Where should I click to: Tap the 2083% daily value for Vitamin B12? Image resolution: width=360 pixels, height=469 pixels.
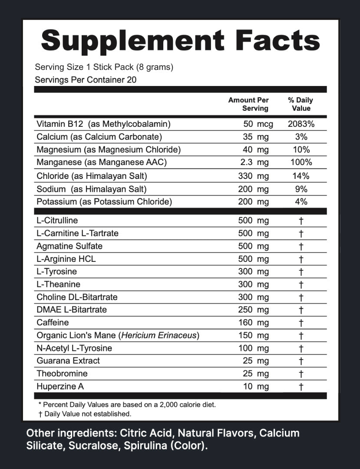(x=301, y=124)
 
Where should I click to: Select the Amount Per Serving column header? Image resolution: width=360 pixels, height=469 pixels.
(x=248, y=104)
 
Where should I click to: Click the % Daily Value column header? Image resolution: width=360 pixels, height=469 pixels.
(x=301, y=104)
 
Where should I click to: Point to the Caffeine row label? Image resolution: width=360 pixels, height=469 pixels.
(x=53, y=323)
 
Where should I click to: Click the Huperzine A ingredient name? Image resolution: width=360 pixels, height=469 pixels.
(x=59, y=386)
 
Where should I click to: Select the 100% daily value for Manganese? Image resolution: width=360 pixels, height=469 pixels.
(x=301, y=163)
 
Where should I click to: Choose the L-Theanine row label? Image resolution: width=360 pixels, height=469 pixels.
(x=59, y=284)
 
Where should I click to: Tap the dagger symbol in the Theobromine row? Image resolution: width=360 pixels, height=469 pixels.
(x=301, y=374)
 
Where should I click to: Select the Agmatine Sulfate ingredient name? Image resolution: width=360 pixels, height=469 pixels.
(x=69, y=246)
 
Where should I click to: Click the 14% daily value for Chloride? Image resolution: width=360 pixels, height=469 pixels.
(x=301, y=176)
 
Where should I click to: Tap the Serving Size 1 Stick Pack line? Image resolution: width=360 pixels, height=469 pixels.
(x=104, y=67)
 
